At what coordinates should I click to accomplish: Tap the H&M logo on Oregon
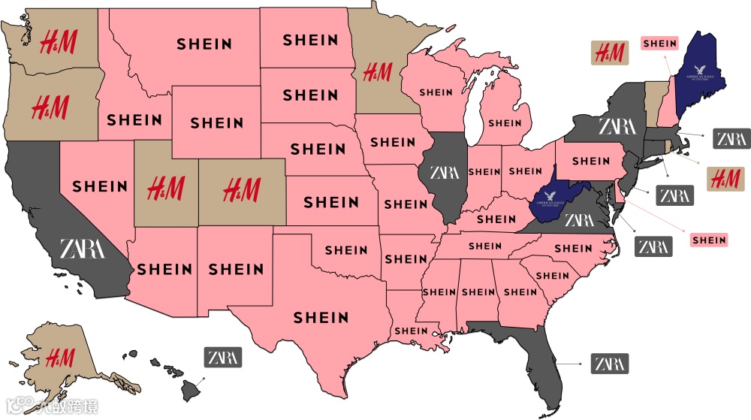click(50, 107)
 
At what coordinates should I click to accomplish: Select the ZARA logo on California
click(83, 247)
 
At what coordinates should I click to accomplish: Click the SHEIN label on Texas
click(321, 318)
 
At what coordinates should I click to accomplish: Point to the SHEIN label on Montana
click(204, 44)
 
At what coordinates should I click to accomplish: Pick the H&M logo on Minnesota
click(376, 72)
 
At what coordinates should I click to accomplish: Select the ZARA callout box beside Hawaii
click(223, 357)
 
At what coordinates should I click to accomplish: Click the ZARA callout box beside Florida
click(609, 364)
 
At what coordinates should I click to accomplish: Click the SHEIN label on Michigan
click(505, 122)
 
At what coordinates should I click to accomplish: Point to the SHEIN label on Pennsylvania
click(591, 160)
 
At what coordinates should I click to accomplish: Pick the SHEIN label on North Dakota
click(310, 39)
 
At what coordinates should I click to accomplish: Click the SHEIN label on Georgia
click(520, 292)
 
